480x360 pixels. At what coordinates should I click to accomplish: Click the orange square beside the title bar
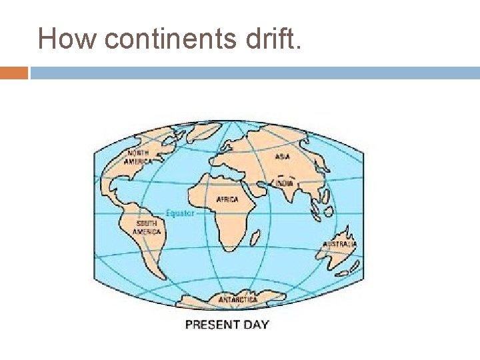14,73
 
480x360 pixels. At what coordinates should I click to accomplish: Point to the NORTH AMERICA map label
138,157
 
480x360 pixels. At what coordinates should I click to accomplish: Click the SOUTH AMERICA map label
147,227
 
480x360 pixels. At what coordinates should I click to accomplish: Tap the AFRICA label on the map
227,199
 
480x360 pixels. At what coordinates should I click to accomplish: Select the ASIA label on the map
283,157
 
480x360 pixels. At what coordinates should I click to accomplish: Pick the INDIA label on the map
284,183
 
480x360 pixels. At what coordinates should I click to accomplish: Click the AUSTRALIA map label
339,245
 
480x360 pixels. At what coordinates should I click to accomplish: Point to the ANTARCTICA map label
238,300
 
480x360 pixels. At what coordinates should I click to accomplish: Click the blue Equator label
179,213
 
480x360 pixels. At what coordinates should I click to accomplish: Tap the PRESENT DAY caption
227,325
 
